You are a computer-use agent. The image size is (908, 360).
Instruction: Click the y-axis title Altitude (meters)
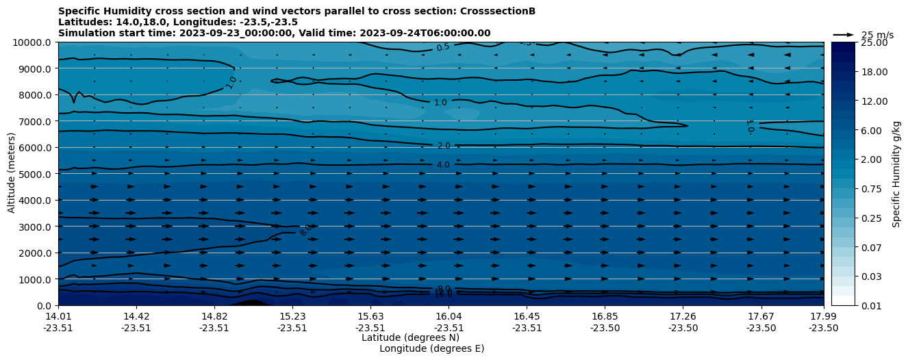[x=12, y=174]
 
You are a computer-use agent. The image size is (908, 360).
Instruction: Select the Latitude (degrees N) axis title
[x=410, y=337]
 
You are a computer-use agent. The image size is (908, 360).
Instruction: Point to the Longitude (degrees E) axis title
[x=431, y=348]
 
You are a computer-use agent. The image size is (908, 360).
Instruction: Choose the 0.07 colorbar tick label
[x=870, y=247]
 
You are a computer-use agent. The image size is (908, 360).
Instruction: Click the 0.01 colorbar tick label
[x=870, y=305]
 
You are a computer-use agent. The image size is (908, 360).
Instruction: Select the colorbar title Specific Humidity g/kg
[x=896, y=174]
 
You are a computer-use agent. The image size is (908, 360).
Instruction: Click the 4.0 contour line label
[x=443, y=165]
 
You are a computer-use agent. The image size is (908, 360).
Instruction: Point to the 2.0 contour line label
[x=443, y=146]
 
